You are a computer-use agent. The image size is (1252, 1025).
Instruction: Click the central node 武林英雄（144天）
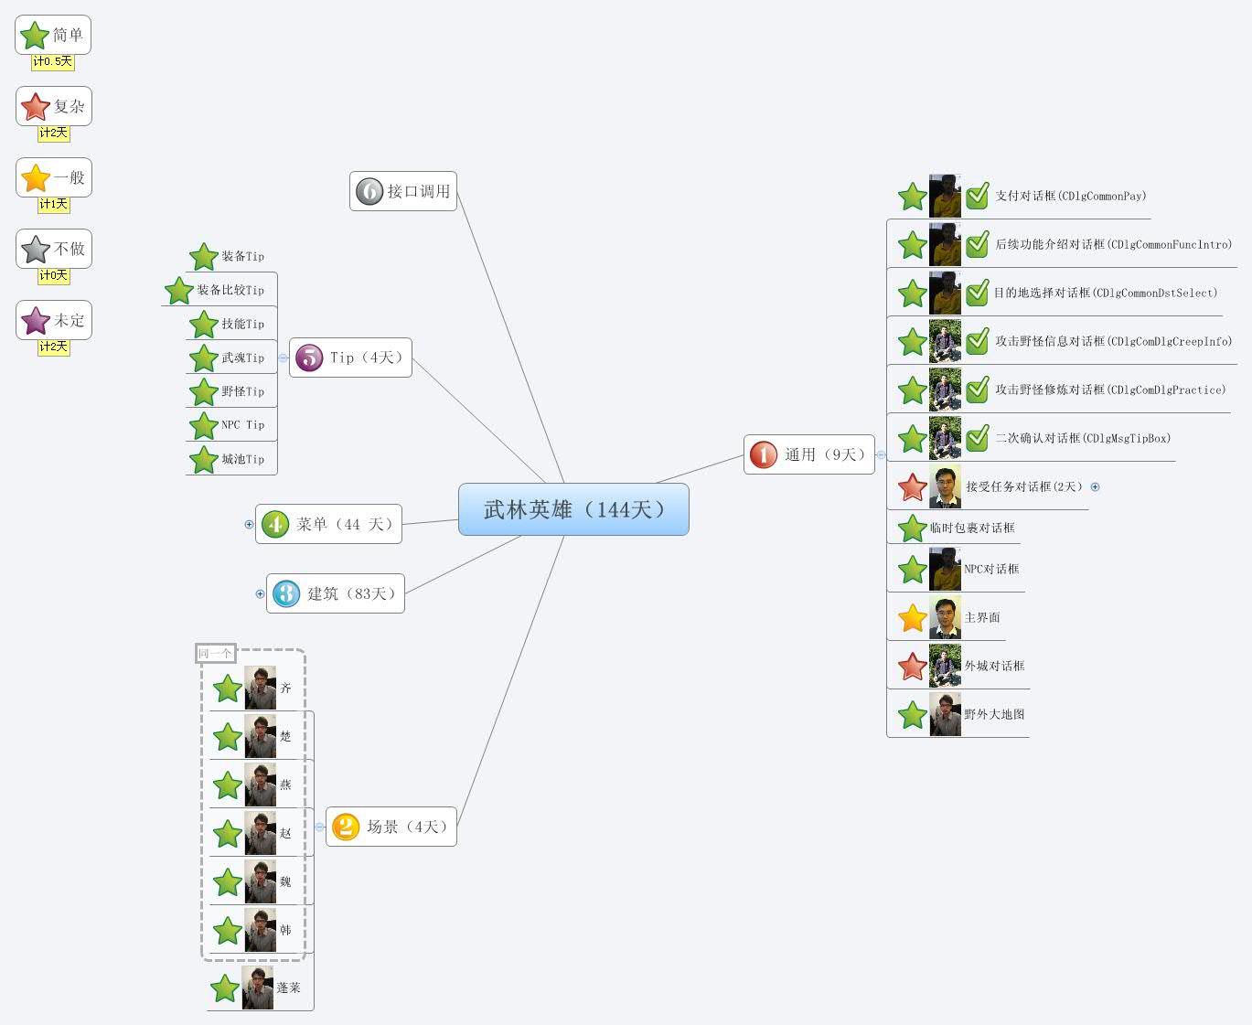573,509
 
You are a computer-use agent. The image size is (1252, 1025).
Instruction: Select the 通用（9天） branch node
809,454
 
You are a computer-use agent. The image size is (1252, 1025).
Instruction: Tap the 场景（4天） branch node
391,827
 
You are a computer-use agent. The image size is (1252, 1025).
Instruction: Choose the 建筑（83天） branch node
336,593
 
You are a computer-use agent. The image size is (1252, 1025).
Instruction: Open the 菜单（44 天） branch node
328,524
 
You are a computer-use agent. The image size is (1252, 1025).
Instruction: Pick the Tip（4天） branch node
351,358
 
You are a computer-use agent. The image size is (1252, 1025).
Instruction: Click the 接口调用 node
403,191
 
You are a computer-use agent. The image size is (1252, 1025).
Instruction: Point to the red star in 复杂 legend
36,107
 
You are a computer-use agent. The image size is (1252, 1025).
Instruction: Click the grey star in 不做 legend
36,249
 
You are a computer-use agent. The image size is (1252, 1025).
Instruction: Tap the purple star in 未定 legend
36,320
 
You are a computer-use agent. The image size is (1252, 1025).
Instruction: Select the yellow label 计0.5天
53,61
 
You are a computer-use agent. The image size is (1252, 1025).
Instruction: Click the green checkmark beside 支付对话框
978,196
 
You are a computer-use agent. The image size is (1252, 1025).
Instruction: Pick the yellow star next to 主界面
913,618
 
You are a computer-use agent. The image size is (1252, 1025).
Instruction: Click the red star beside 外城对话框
913,667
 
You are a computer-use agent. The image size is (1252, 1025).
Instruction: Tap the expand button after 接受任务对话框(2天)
1095,487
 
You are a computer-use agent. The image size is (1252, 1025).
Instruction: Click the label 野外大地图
994,714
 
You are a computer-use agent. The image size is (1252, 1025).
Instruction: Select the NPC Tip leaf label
242,425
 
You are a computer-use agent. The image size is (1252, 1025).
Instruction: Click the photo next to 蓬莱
258,988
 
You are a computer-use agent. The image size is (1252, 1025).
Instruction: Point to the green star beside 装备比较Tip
179,291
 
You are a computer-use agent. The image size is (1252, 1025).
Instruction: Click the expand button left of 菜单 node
249,524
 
